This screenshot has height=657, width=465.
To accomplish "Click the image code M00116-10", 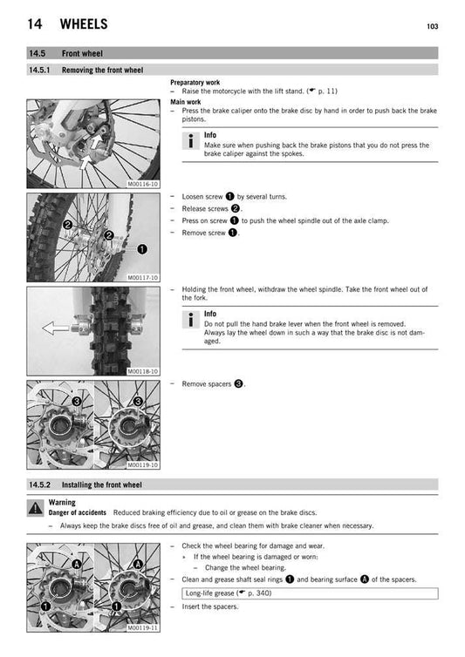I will coord(143,185).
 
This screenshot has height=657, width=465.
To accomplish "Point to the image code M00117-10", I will coord(143,277).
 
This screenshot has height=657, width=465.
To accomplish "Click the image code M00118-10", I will coord(143,371).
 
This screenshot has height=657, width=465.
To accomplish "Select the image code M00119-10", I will coord(143,464).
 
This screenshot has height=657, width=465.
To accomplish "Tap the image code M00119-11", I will coord(143,627).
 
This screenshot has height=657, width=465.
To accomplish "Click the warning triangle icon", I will coord(35,507).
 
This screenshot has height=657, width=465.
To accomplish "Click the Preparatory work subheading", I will coord(195,83).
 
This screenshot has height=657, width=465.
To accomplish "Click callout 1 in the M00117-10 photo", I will coord(140,248).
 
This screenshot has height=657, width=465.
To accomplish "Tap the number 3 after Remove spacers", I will coord(238,383).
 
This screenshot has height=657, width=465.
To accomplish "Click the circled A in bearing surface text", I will coord(363,579).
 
